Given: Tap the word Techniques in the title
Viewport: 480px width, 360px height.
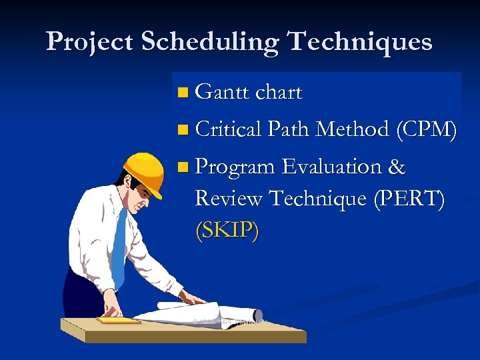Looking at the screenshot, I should (360, 42).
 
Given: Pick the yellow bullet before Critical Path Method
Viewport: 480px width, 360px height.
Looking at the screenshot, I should (184, 130).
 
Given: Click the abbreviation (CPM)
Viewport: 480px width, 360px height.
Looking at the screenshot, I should (426, 129).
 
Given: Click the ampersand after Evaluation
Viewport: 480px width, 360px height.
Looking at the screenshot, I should (396, 167).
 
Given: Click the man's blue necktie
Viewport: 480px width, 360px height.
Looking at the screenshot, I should (119, 247).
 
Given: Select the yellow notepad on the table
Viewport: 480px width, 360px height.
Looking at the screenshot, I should (118, 321).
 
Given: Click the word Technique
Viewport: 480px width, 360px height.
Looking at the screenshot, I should (323, 199).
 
